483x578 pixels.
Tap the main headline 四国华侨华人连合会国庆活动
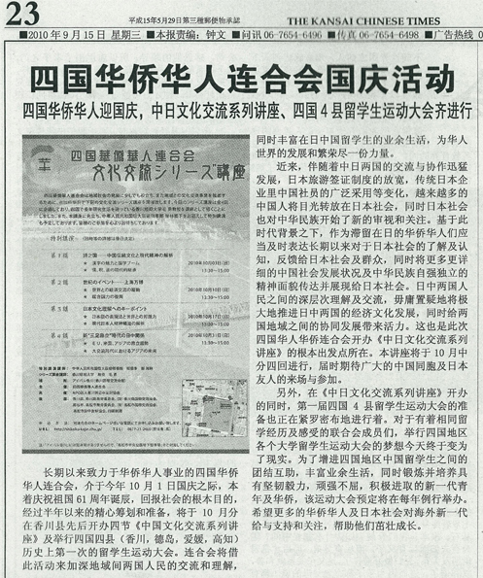tap(241, 78)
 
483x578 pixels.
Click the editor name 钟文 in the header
tap(201, 36)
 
